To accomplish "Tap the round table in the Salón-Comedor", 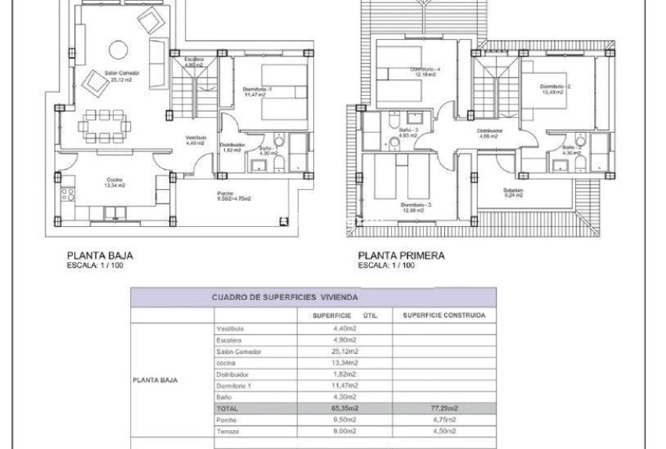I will point(118,50).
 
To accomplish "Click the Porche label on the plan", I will point(225,193).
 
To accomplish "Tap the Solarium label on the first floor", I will point(514,190).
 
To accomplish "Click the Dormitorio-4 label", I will point(425,70).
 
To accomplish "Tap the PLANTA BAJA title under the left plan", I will point(100,256).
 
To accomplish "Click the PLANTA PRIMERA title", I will point(401,256).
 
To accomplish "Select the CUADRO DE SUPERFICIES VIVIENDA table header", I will point(285,298).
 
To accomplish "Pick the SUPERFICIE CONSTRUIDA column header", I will point(444,315).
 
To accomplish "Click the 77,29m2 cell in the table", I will point(444,409).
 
